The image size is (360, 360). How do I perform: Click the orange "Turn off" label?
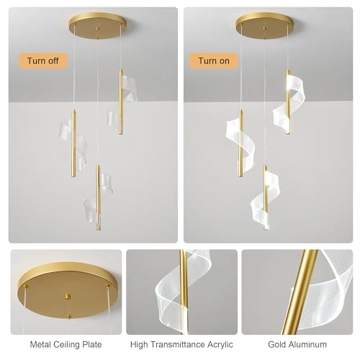point(42,60)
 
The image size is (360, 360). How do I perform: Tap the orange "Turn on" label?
point(214,60)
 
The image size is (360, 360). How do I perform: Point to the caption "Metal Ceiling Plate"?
point(66,344)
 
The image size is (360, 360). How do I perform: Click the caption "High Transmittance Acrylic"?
point(181,344)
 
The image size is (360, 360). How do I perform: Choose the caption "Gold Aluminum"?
point(297,344)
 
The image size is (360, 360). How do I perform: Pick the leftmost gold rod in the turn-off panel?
point(73,143)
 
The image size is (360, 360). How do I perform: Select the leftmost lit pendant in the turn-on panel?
point(240,143)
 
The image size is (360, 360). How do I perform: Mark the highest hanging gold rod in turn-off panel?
point(120,101)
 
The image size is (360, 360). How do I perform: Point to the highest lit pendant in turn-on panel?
point(287,101)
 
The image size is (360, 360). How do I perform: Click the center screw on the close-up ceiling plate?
point(66,296)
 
